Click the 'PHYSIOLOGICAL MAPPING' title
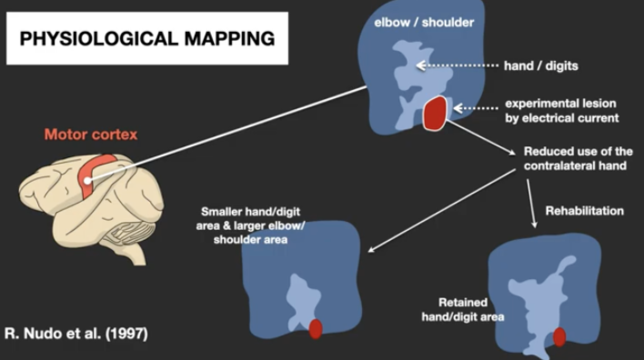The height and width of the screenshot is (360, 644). pyautogui.click(x=147, y=38)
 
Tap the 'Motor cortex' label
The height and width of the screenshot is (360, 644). pyautogui.click(x=91, y=135)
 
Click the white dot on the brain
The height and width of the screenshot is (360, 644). pyautogui.click(x=87, y=181)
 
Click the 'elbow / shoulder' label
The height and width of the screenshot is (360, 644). pyautogui.click(x=424, y=22)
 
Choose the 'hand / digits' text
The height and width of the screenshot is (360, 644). pyautogui.click(x=541, y=65)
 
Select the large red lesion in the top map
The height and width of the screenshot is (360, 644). pyautogui.click(x=435, y=114)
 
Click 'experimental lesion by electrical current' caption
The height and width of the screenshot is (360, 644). pyautogui.click(x=562, y=111)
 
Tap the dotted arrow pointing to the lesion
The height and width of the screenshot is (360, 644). pyautogui.click(x=476, y=108)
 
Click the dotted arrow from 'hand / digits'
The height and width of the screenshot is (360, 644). pyautogui.click(x=458, y=65)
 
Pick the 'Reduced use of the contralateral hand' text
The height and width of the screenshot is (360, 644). pyautogui.click(x=578, y=158)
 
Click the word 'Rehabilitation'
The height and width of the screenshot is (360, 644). pyautogui.click(x=585, y=211)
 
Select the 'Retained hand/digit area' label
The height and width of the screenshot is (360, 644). pyautogui.click(x=463, y=309)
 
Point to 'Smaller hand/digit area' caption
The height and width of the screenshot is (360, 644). pyautogui.click(x=250, y=225)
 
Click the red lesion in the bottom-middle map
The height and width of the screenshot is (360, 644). pyautogui.click(x=316, y=329)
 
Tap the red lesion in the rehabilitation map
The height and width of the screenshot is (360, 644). pyautogui.click(x=559, y=336)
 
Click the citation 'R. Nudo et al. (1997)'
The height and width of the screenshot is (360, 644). pyautogui.click(x=76, y=334)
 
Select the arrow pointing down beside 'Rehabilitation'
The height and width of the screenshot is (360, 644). pyautogui.click(x=531, y=204)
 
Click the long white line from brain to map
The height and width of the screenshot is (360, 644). pyautogui.click(x=226, y=134)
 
